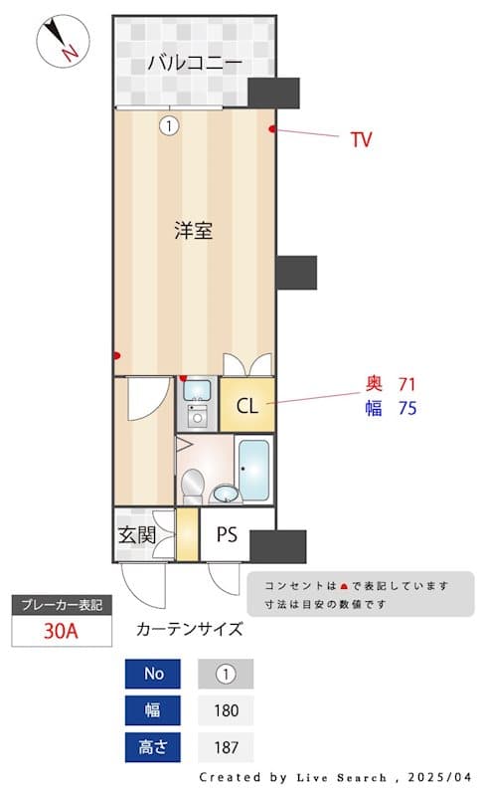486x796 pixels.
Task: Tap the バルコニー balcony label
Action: coord(195,63)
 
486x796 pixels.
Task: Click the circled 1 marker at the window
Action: coord(169,125)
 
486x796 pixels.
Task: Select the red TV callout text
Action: coord(361,140)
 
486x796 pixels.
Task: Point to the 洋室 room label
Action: coord(193,232)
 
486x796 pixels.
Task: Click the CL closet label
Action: coord(246,406)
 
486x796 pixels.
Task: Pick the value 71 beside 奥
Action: coord(406,384)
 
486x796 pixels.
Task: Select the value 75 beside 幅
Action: coord(406,408)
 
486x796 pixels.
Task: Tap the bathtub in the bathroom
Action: coord(253,470)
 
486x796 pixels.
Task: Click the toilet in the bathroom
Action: coord(196,487)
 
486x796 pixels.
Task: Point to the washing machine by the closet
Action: coord(197,412)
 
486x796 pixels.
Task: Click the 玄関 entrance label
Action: coord(137,534)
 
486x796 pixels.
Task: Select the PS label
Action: coord(228,534)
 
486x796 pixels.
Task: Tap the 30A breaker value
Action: coord(62,631)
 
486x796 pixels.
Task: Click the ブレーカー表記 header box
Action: coord(62,605)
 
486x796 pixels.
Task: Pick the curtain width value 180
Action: coord(226,710)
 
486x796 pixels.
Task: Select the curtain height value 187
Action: coord(226,747)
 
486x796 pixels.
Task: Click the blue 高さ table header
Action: coord(154,747)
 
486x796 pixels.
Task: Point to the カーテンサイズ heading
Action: coord(189,629)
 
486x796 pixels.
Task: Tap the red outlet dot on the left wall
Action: coord(117,355)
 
